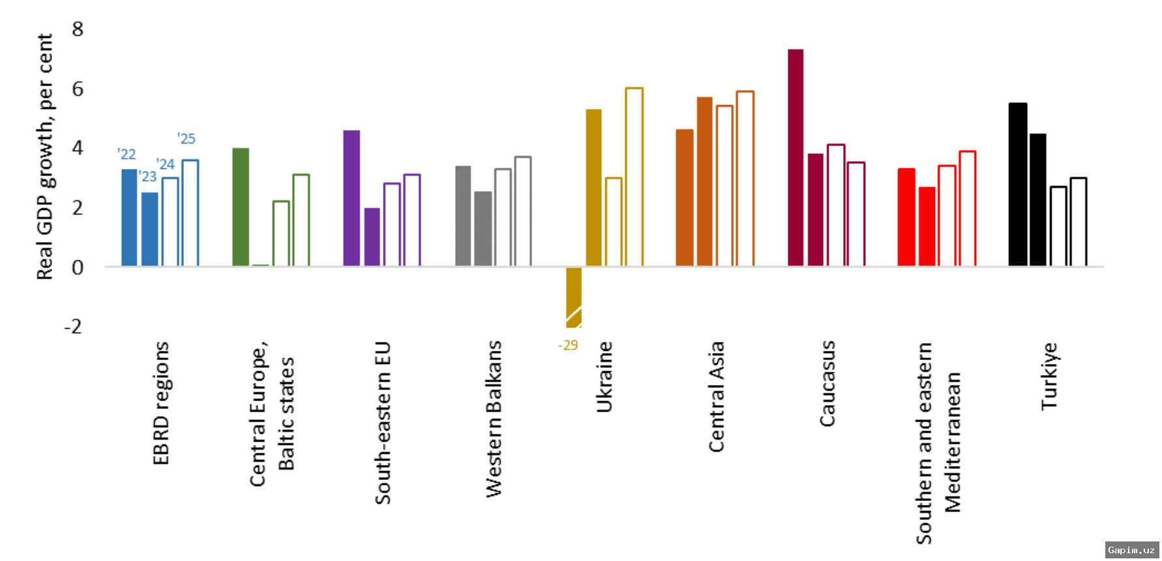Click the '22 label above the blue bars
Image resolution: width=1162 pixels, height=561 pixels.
(127, 155)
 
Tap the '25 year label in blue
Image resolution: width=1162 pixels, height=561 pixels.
(186, 139)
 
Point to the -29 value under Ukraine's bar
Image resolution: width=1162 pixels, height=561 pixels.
(568, 346)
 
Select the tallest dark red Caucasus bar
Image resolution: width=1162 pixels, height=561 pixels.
(796, 157)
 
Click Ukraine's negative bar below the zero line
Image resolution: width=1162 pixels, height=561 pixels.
(574, 297)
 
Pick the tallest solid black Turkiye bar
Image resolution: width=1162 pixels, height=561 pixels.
(1017, 184)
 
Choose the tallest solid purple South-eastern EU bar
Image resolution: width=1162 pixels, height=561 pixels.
(351, 198)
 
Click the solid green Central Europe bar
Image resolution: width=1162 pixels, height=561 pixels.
(241, 207)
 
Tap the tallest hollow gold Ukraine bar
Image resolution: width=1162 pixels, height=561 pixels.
(634, 177)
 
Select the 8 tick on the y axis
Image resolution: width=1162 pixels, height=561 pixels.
(78, 29)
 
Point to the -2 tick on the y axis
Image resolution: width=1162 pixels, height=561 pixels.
(73, 326)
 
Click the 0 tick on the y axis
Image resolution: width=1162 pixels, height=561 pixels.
(78, 267)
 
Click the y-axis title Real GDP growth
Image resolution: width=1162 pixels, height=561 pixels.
(44, 157)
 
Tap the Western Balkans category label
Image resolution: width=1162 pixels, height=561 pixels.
(494, 419)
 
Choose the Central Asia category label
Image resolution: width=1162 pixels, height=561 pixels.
(716, 397)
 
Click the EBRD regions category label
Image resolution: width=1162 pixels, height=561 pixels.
(160, 403)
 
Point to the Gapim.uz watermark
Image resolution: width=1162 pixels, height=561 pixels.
(1131, 551)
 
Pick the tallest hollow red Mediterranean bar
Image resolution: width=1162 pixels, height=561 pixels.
(967, 208)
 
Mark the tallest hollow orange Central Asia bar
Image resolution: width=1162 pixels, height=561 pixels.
(745, 178)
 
